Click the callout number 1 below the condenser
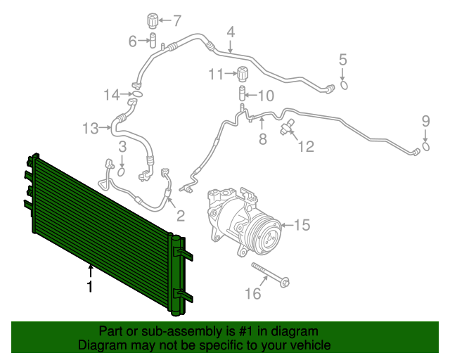pos(89,286)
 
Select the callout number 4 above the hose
pos(231,31)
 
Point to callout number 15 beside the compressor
pos(301,226)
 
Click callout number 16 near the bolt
pos(252,292)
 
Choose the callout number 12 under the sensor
pos(306,146)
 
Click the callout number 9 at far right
pos(425,121)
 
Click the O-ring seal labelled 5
pos(344,86)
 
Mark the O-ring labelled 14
pos(137,94)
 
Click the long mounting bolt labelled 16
pos(271,276)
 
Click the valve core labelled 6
pos(151,41)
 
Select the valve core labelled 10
pos(241,95)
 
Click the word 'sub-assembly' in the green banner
pos(164,331)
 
